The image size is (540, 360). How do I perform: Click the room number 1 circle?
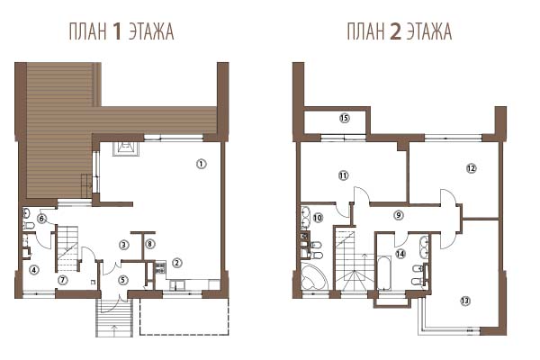201,164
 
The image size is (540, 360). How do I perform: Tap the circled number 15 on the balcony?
344,118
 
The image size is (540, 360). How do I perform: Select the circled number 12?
471,168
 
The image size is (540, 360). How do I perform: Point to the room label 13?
465,301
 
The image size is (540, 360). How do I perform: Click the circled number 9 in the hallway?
399,215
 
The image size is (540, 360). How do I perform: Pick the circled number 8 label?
149,244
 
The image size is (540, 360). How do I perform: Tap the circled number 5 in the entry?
123,280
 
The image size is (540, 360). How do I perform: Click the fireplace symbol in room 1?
126,149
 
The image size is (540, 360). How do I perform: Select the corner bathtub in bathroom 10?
313,276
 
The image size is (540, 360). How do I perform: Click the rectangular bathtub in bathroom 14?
384,273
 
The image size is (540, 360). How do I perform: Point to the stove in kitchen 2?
160,267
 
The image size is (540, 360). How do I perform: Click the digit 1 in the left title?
117,31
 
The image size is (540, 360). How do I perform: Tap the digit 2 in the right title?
395,31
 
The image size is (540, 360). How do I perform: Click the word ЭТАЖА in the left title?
151,31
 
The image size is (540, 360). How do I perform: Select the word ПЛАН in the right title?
365,31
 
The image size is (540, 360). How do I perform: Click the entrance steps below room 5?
114,318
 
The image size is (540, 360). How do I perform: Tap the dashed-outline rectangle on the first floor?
184,316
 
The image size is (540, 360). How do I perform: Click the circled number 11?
343,175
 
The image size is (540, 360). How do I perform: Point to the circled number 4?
34,270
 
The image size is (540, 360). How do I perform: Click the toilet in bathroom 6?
28,226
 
